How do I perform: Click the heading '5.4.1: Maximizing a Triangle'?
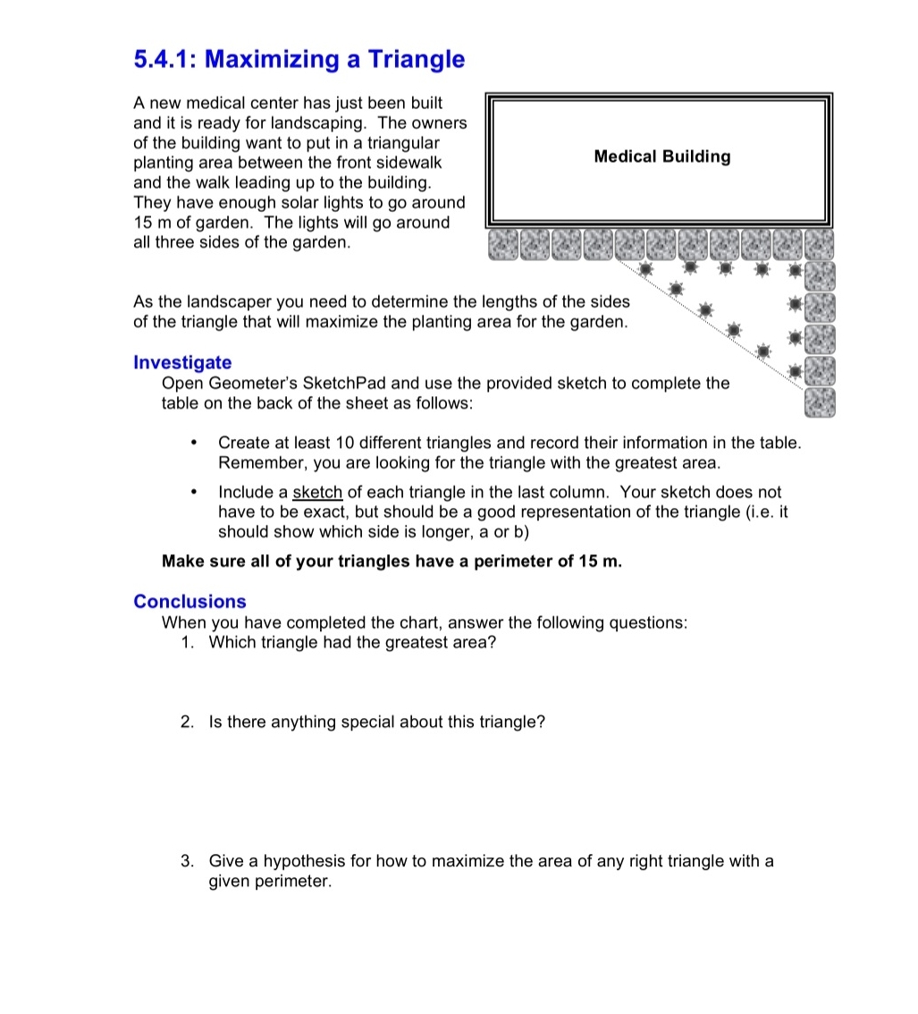point(299,60)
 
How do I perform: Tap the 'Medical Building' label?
point(661,156)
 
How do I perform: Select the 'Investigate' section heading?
point(182,362)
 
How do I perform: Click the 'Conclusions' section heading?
point(189,601)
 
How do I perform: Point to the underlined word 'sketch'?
point(317,492)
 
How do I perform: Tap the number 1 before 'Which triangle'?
point(187,642)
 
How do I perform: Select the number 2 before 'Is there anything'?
point(187,722)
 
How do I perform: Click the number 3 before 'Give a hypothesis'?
point(187,861)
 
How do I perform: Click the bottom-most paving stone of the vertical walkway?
point(819,402)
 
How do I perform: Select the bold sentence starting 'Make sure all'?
point(392,562)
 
